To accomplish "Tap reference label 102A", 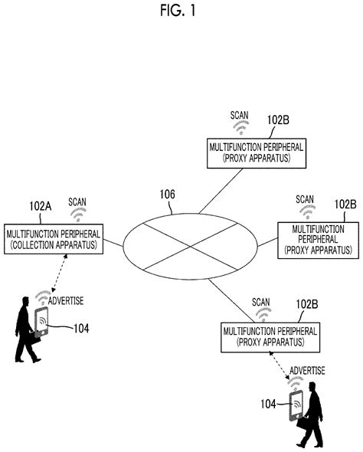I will coord(40,207).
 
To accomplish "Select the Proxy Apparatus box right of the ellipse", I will coord(317,239).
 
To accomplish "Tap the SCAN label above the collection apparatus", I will coord(77,202).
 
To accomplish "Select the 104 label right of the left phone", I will coord(82,328).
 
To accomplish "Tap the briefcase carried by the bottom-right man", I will coord(305,422).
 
